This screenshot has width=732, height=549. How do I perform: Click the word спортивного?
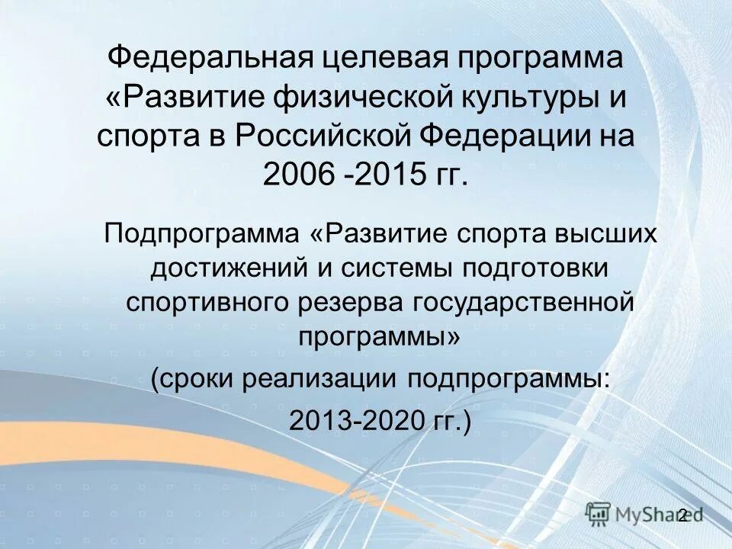(x=201, y=302)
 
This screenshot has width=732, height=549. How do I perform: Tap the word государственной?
(x=525, y=302)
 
